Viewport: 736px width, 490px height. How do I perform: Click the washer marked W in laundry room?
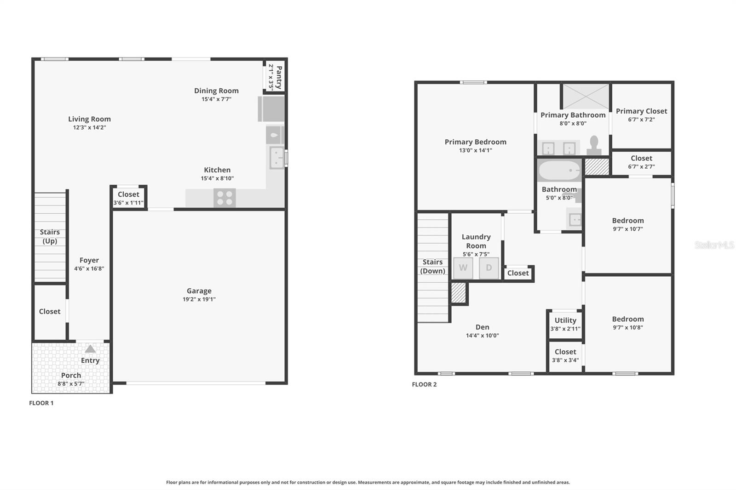pyautogui.click(x=463, y=268)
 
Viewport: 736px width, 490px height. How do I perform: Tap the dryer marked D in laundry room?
pyautogui.click(x=489, y=268)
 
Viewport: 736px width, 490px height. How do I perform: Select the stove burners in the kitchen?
pyautogui.click(x=224, y=198)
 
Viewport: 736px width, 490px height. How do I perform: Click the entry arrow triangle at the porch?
pyautogui.click(x=90, y=349)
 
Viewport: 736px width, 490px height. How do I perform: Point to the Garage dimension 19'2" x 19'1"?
pyautogui.click(x=199, y=299)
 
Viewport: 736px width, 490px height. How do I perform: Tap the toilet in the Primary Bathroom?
pyautogui.click(x=594, y=145)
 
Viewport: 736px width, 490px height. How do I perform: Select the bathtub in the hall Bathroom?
pyautogui.click(x=559, y=171)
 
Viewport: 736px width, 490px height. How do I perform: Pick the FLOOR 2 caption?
pyautogui.click(x=424, y=384)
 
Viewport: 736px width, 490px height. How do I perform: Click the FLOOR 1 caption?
pyautogui.click(x=41, y=403)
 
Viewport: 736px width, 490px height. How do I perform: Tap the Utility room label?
pyautogui.click(x=565, y=320)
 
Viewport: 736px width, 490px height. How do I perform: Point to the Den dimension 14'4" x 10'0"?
pyautogui.click(x=482, y=336)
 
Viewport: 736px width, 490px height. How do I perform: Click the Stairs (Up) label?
pyautogui.click(x=50, y=236)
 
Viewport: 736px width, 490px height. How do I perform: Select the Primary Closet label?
pyautogui.click(x=641, y=111)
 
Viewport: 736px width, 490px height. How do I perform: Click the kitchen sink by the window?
pyautogui.click(x=276, y=158)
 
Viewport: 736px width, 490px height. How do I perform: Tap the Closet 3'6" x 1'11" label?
pyautogui.click(x=128, y=194)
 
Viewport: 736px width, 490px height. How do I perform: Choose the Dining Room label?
pyautogui.click(x=216, y=91)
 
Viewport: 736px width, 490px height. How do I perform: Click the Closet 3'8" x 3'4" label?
pyautogui.click(x=565, y=352)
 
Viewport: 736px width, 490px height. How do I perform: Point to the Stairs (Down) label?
pyautogui.click(x=432, y=266)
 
